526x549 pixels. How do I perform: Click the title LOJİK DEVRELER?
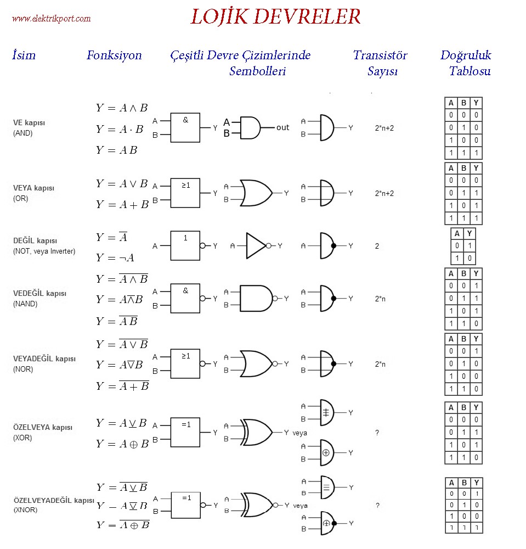click(x=275, y=17)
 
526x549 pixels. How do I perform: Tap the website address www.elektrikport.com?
click(x=51, y=19)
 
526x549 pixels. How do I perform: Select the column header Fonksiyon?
click(x=114, y=55)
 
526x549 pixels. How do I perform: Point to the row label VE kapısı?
click(x=29, y=123)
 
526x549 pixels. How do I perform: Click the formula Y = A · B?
click(x=120, y=129)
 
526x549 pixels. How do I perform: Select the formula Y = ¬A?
click(x=115, y=257)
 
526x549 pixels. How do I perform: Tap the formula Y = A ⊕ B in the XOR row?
click(x=122, y=444)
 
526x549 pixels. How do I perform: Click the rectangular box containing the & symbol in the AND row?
click(x=185, y=128)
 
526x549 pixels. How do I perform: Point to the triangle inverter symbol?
click(x=256, y=245)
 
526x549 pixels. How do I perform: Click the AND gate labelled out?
click(x=250, y=127)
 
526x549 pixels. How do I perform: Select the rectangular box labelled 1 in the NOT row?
click(x=185, y=245)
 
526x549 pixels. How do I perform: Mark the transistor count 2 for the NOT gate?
click(x=377, y=247)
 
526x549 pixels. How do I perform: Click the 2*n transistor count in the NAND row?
click(x=380, y=299)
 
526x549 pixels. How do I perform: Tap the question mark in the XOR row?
click(x=377, y=433)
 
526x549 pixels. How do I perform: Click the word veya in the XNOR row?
click(x=300, y=506)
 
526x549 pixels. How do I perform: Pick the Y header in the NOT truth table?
click(x=470, y=234)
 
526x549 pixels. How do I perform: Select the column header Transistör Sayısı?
click(x=380, y=63)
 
